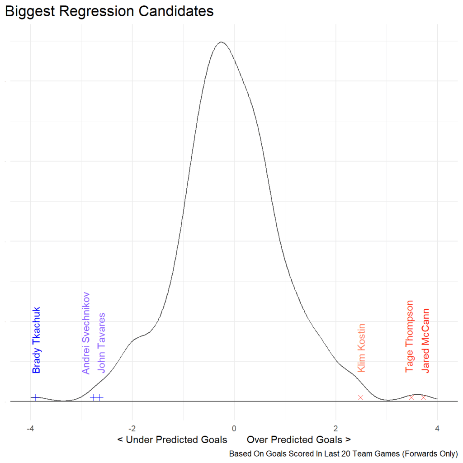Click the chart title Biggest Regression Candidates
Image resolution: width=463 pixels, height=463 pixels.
pos(109,11)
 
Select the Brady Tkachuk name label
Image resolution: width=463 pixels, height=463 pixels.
pos(37,340)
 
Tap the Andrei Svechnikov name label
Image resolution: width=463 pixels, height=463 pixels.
pos(86,333)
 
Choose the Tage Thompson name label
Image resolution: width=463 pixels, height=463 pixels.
pos(410,336)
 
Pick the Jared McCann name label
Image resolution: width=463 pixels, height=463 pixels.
pos(425,340)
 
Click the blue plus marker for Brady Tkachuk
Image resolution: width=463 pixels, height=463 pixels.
pos(35,397)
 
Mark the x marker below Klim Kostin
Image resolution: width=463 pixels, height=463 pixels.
pos(361,397)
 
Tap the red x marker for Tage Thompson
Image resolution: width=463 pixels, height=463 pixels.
pos(411,397)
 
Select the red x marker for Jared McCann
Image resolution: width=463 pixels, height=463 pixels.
pos(424,397)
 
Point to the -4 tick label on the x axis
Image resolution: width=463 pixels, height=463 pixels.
pos(30,428)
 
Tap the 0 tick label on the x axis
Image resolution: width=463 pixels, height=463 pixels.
pos(234,428)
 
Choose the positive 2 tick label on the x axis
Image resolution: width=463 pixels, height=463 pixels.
pos(335,428)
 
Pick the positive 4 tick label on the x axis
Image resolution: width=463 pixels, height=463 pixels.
pos(437,428)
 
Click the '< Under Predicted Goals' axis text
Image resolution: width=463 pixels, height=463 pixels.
pos(172,439)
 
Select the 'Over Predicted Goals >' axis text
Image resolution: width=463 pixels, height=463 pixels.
pos(299,439)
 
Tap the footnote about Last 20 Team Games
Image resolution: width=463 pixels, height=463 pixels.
pos(343,454)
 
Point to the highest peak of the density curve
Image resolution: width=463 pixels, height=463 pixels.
pos(221,42)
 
